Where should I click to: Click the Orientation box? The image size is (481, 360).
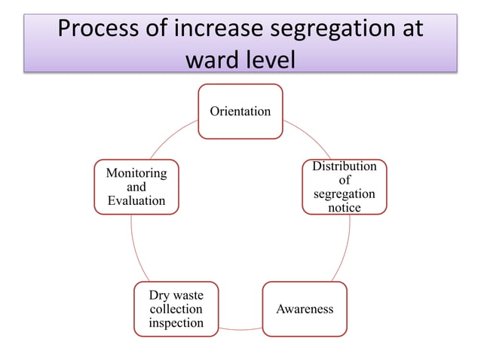(240, 111)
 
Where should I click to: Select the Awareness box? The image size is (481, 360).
(305, 309)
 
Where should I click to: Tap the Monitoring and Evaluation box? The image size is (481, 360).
(136, 187)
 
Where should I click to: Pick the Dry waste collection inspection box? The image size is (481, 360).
(176, 309)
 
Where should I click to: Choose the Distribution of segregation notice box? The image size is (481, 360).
(345, 187)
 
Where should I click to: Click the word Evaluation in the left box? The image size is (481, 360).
(136, 200)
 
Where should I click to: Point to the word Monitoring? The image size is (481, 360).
(136, 172)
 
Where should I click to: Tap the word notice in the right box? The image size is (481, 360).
(345, 207)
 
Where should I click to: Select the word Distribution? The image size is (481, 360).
(345, 166)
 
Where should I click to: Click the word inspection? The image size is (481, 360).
(176, 323)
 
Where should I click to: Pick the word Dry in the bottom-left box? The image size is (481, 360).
(159, 295)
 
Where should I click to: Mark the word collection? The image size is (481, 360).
(176, 309)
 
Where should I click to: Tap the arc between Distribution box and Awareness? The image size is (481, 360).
(348, 249)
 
